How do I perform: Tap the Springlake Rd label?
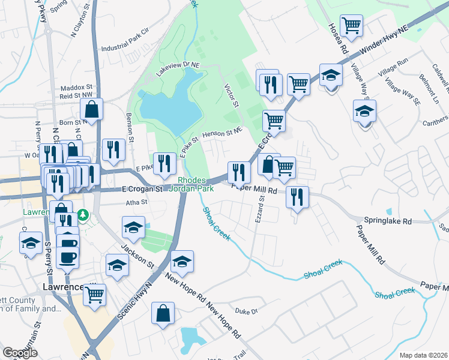[387, 220]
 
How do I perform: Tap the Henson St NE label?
[222, 131]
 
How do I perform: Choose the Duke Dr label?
[246, 311]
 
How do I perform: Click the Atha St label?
[136, 203]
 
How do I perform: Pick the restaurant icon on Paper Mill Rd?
[297, 196]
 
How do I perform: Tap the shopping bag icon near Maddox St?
[91, 109]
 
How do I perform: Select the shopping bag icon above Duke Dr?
[163, 313]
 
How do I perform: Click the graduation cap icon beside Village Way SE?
[364, 111]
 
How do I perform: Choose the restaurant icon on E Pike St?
[164, 163]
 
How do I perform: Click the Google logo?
[20, 353]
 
